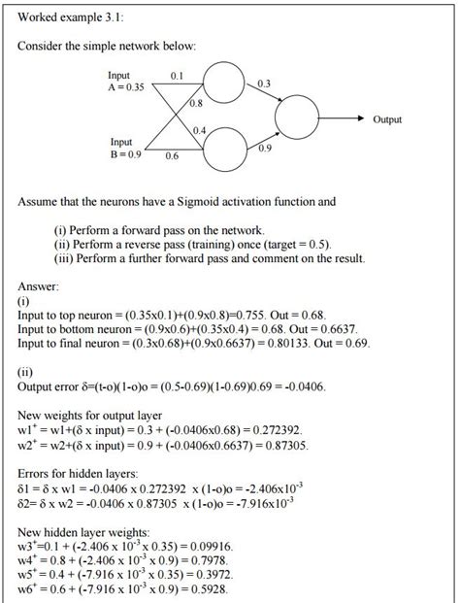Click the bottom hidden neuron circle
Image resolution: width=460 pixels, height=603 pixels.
point(224,149)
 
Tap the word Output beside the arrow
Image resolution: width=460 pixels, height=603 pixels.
point(387,119)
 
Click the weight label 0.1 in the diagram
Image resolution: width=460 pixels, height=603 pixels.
point(177,75)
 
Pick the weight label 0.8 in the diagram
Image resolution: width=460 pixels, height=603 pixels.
point(196,102)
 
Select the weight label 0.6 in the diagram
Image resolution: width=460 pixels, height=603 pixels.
point(172,155)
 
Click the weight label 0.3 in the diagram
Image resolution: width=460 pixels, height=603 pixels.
point(265,84)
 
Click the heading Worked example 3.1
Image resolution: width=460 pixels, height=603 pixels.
point(71,17)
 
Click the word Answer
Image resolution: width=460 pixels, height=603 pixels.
point(39,286)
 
